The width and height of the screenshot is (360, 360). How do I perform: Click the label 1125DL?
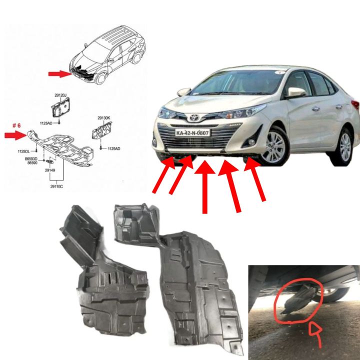23,151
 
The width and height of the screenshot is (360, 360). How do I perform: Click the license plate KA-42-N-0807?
193,133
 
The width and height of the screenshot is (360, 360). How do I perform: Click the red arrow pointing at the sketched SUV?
59,74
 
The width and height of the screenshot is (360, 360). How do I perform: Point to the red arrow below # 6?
15,135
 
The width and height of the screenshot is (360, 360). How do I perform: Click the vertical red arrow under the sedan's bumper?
204,185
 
